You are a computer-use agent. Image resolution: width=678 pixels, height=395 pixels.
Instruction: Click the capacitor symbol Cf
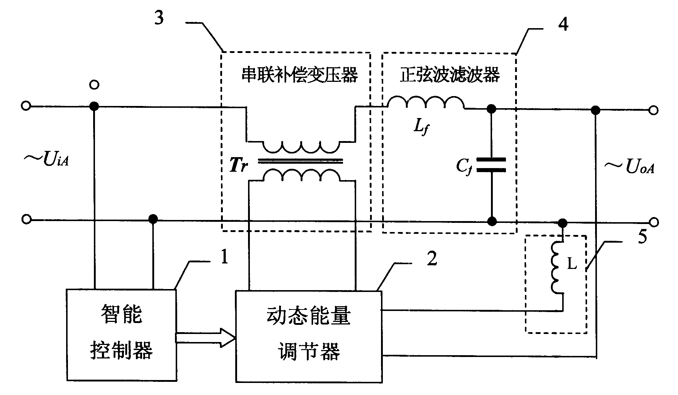pos(492,165)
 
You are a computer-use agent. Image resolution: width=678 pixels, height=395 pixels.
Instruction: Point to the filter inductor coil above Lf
pos(426,103)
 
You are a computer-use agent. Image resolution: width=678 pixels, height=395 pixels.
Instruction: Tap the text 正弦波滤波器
pos(449,76)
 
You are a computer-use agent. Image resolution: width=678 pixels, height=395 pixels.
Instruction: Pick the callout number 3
pos(159,18)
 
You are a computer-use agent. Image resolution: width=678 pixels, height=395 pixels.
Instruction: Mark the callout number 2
pos(432,259)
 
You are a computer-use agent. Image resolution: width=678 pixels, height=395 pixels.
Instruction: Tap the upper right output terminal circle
pos(654,110)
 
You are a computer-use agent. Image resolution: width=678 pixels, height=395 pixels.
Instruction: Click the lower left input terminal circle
pos(26,219)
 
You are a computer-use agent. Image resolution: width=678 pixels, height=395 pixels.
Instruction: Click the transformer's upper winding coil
pos(301,147)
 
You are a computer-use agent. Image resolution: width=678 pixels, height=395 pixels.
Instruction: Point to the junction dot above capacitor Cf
pos(492,109)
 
